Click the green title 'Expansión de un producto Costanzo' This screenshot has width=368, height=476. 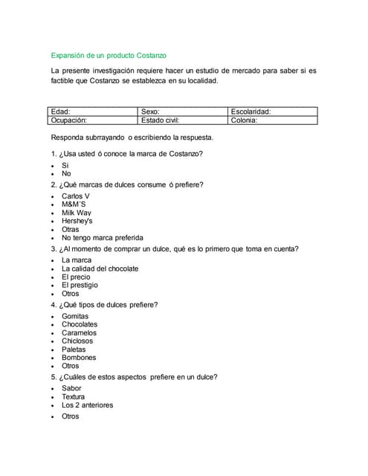tap(109, 56)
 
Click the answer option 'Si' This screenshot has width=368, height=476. tap(65, 165)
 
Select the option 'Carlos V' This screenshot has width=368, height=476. tap(75, 196)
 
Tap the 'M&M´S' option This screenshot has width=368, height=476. tap(74, 205)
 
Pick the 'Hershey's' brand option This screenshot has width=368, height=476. tap(77, 221)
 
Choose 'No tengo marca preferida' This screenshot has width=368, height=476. tap(103, 238)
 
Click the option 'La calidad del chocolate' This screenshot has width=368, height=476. tap(100, 268)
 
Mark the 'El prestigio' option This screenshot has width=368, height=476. tap(80, 285)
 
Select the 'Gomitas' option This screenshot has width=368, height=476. tap(75, 316)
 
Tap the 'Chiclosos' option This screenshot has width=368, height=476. tap(77, 341)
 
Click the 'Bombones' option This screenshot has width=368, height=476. tap(78, 358)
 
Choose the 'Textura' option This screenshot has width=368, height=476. tap(74, 397)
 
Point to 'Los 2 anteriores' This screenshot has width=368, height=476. tap(88, 405)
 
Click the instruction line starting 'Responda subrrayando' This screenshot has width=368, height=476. tap(132, 138)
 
